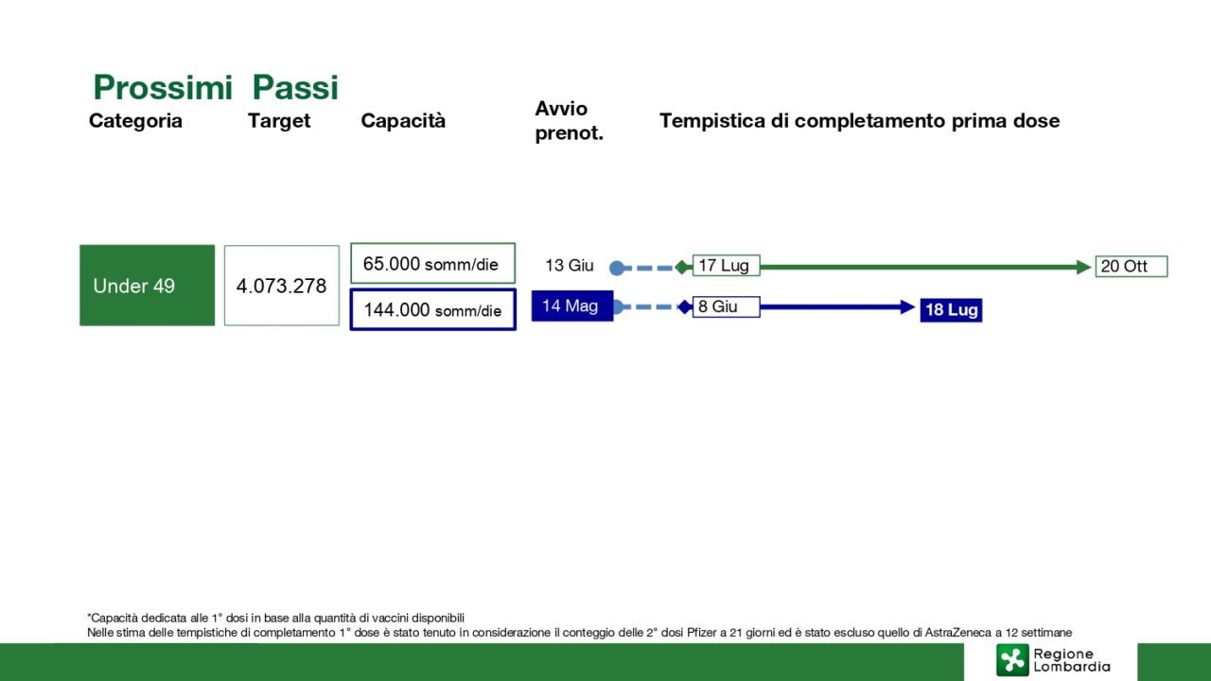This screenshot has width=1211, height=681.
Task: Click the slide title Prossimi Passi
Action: click(216, 87)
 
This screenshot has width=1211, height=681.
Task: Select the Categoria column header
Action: click(135, 120)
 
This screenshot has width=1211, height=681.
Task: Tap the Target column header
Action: click(279, 121)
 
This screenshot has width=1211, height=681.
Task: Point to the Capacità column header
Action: click(403, 120)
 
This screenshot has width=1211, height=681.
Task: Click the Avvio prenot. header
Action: click(569, 120)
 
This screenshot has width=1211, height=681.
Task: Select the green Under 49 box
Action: click(147, 286)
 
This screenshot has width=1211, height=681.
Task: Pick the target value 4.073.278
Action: click(282, 286)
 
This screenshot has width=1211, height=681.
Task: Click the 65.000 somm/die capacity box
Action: click(432, 263)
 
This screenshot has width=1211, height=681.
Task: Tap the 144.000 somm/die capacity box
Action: click(433, 309)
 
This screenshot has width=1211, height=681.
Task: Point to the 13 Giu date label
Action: click(570, 266)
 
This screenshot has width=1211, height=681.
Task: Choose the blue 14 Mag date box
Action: click(572, 306)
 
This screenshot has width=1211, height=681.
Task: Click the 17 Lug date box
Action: click(726, 266)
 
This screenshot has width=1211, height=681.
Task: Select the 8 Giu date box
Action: click(726, 306)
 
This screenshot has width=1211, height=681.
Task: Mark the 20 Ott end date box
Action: click(1132, 266)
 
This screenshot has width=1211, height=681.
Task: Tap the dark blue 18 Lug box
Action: click(952, 310)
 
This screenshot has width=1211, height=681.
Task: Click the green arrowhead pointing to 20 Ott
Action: click(1083, 267)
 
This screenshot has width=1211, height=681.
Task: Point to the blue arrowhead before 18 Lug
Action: click(907, 307)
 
